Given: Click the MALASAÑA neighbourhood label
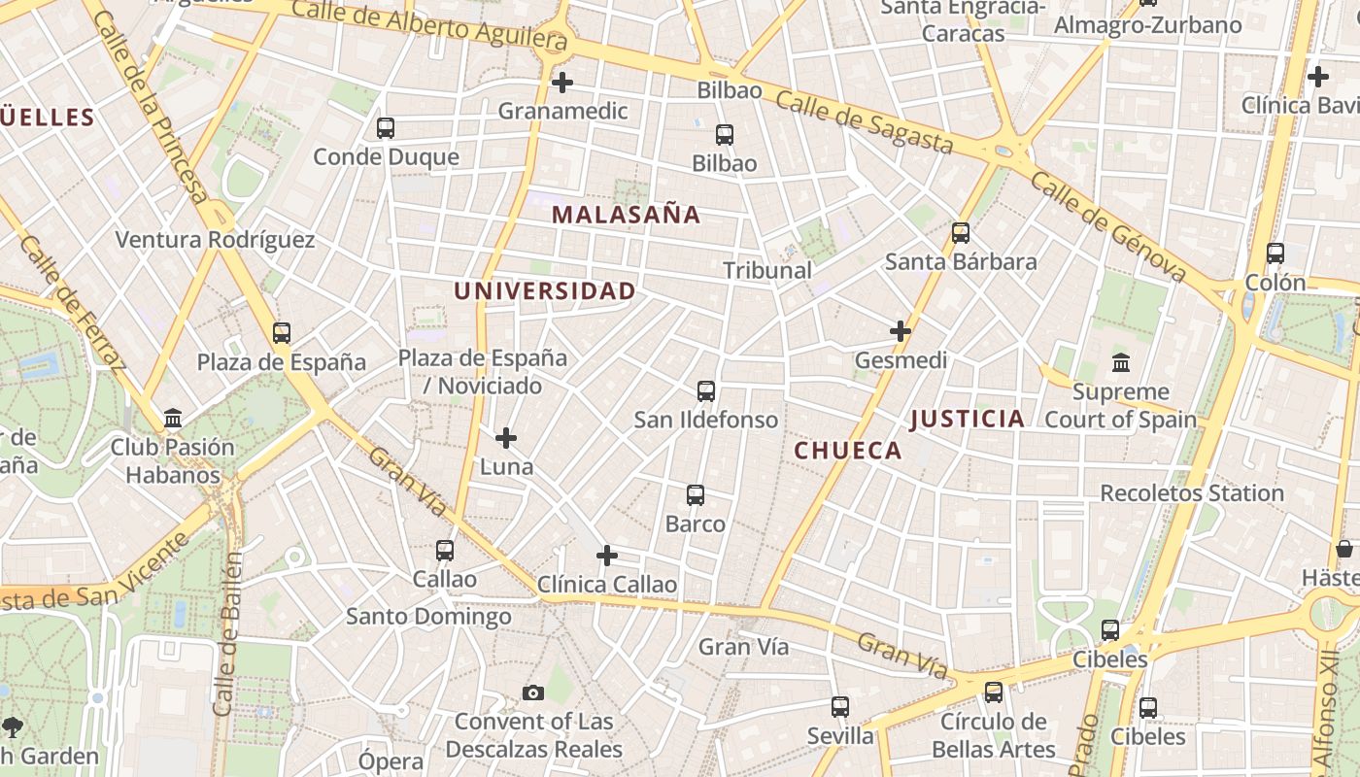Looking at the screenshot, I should click(x=626, y=215).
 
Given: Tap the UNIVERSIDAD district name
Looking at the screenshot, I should click(x=545, y=290).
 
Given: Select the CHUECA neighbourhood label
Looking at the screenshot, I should click(x=848, y=451).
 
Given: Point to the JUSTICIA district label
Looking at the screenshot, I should click(x=967, y=419).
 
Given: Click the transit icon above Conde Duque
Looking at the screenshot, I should click(x=386, y=128).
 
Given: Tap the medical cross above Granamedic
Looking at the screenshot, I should click(x=561, y=83).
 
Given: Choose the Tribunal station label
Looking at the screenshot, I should click(x=767, y=270).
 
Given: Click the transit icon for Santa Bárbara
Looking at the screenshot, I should click(x=961, y=233).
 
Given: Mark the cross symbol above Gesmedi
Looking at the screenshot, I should click(x=901, y=331).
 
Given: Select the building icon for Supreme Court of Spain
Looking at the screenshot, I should click(x=1121, y=363).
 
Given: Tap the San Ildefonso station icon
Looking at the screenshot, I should click(x=706, y=391).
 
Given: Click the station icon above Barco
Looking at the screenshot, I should click(x=696, y=495).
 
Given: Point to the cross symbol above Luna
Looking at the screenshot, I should click(x=506, y=439).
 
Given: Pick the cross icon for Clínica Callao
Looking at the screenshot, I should click(x=607, y=556).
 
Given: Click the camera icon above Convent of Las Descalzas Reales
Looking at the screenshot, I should click(x=533, y=693).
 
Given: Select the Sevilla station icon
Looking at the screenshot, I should click(x=840, y=707).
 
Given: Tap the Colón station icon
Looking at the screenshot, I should click(x=1275, y=253).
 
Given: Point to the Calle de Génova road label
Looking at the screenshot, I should click(x=1107, y=227).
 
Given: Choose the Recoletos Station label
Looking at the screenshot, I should click(x=1191, y=493).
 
